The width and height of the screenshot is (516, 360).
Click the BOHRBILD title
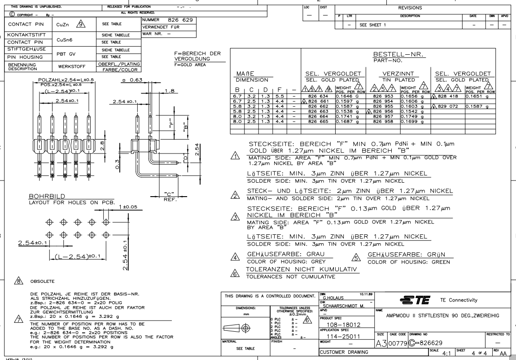tap(43, 197)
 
